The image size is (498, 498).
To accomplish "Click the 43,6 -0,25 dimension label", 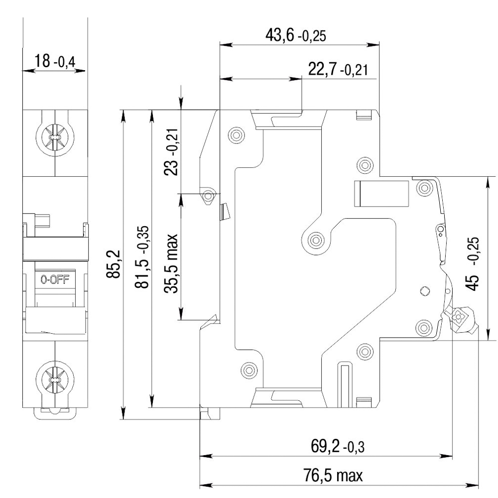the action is coord(296,35).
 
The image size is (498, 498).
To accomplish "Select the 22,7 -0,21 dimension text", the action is coord(338,69).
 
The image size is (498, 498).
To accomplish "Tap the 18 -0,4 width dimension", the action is coord(55,61).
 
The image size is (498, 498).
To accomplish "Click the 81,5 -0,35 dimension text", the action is coord(142,257).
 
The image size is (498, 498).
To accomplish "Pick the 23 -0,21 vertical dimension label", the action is coord(171,152).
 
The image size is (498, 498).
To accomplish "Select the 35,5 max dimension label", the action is coord(171,263).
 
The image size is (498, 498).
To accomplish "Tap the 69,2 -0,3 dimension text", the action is coord(338,447).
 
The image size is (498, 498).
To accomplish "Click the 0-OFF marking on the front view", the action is coord(55,279).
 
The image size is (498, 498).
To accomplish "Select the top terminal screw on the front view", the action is coord(55,138).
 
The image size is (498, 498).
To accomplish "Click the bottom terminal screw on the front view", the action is coord(55,379).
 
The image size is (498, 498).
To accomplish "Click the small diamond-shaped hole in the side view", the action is coord(425,291).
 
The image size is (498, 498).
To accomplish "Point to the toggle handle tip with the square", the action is coord(458,317).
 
